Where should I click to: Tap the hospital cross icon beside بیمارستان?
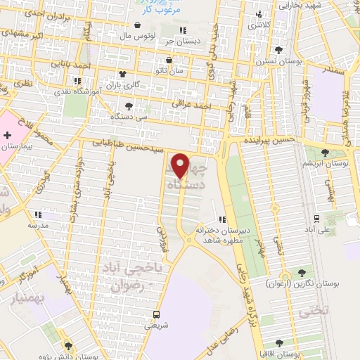(7, 134)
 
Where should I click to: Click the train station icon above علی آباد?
(317, 219)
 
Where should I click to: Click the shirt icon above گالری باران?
(123, 73)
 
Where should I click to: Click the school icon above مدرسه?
(37, 214)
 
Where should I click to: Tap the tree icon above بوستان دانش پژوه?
(69, 345)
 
